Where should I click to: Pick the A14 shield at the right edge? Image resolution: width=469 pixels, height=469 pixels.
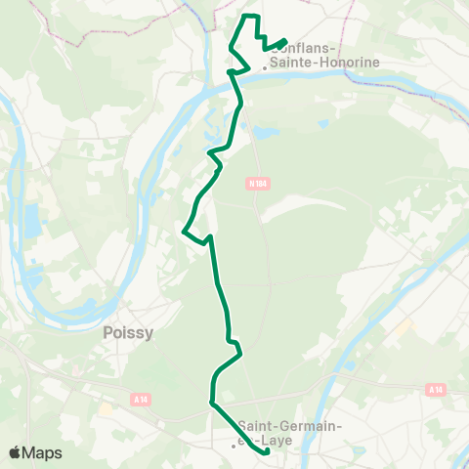[x=436, y=389]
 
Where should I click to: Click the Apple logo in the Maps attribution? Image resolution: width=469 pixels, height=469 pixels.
[x=16, y=452]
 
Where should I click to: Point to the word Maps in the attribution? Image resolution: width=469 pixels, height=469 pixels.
[x=43, y=452]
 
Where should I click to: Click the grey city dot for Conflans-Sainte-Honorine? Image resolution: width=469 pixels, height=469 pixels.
[x=264, y=68]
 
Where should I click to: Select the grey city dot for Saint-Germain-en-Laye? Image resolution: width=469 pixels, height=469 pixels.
[x=234, y=446]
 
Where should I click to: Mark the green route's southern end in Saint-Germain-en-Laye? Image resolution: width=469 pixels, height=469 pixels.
[x=268, y=452]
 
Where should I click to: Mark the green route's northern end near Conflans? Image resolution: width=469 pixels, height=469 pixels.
[x=284, y=41]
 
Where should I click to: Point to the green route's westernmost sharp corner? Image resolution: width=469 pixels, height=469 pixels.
[x=184, y=231]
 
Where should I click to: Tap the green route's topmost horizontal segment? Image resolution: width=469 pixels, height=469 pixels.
[x=249, y=17]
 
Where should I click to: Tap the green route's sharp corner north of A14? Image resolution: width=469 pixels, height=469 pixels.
[x=211, y=401]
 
